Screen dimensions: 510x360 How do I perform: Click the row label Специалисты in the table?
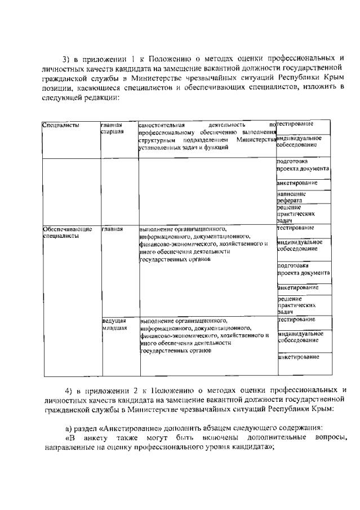pyautogui.click(x=61, y=125)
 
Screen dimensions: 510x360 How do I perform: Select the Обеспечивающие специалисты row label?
pyautogui.click(x=67, y=233)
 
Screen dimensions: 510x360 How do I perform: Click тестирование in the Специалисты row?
pyautogui.click(x=295, y=123)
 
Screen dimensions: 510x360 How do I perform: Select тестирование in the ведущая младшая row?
pyautogui.click(x=296, y=320)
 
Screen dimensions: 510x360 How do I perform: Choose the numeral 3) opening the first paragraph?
pyautogui.click(x=65, y=58)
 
